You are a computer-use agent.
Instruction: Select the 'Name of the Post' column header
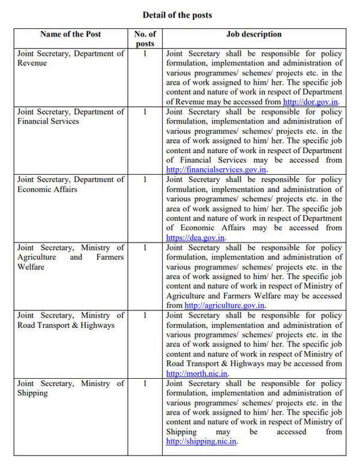[71, 34]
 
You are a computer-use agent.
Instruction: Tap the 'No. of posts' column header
[145, 38]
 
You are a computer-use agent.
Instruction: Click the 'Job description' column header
[253, 34]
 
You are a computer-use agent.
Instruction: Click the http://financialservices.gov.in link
[216, 170]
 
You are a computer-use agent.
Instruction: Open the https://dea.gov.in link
[196, 238]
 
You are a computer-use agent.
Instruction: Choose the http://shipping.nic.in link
[201, 441]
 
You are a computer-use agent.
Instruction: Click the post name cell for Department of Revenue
[71, 58]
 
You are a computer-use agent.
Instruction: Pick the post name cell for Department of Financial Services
[71, 116]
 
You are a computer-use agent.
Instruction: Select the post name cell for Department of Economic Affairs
[71, 184]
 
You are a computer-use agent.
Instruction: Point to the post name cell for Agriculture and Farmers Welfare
[71, 257]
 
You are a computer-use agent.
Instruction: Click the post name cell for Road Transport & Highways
[71, 320]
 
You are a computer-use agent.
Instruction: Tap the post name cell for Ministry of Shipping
[71, 388]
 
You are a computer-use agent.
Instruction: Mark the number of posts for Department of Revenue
[145, 53]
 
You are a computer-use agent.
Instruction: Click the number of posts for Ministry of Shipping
[145, 383]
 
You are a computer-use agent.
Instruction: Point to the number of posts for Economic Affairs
[145, 179]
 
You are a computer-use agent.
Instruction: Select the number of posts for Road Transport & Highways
[145, 315]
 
